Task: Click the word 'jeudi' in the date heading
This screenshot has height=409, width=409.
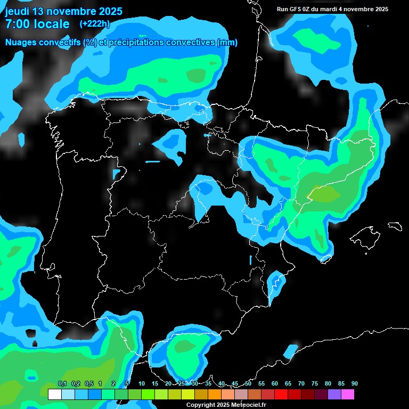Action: click(18, 11)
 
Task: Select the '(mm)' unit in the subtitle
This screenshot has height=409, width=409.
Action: click(227, 43)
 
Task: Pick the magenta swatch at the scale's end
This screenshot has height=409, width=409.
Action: click(348, 394)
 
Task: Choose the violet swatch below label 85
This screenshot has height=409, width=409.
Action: click(334, 394)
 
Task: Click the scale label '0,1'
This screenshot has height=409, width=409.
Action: click(62, 384)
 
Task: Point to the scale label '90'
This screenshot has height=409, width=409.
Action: click(354, 384)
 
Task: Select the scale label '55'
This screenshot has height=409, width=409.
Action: click(261, 384)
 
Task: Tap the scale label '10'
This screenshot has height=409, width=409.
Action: click(141, 384)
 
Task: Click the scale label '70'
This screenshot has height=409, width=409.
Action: click(301, 384)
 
